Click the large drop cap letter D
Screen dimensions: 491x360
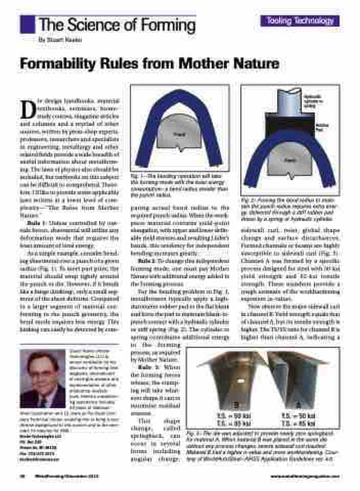pyautogui.click(x=27, y=108)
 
